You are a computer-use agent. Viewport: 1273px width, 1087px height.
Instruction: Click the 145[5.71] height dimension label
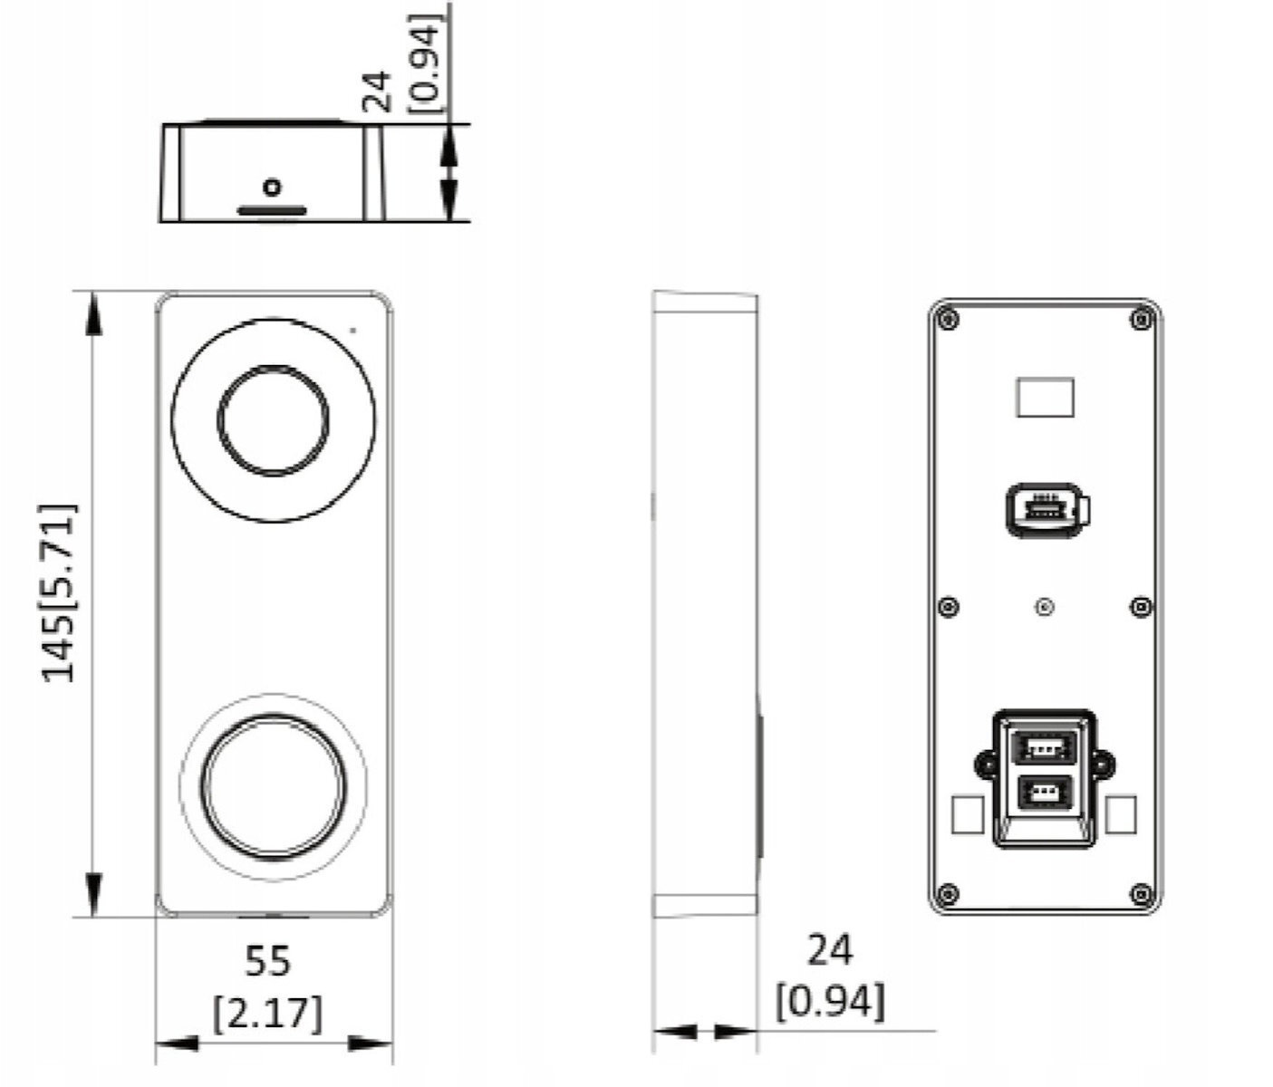pos(59,593)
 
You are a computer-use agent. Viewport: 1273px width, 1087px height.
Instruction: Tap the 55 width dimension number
pos(267,960)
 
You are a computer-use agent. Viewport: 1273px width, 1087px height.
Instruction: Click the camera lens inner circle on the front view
pos(273,420)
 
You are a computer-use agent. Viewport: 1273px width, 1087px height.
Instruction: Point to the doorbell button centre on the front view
pos(274,786)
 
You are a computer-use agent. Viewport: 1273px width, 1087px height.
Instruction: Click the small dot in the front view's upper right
pos(352,330)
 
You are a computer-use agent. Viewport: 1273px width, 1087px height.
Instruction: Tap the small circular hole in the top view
pos(272,187)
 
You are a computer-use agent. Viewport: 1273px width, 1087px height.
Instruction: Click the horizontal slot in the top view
pos(272,211)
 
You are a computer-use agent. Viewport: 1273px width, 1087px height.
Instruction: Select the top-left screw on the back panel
pos(949,320)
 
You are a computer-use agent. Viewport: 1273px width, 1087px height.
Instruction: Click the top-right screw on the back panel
pos(1142,320)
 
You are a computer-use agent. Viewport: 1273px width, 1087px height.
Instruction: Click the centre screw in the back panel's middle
pos(1045,607)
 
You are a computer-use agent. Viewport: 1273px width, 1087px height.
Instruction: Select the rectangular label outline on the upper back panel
pos(1046,398)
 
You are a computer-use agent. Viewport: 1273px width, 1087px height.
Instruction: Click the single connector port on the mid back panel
pos(1047,509)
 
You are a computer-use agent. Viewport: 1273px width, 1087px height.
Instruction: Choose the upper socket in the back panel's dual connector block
pos(1045,747)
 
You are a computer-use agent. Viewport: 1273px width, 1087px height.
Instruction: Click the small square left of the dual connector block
pos(967,814)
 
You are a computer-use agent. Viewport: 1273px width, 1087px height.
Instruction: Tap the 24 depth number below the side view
pos(830,950)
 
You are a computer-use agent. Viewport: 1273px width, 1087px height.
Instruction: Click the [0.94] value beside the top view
pos(425,63)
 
